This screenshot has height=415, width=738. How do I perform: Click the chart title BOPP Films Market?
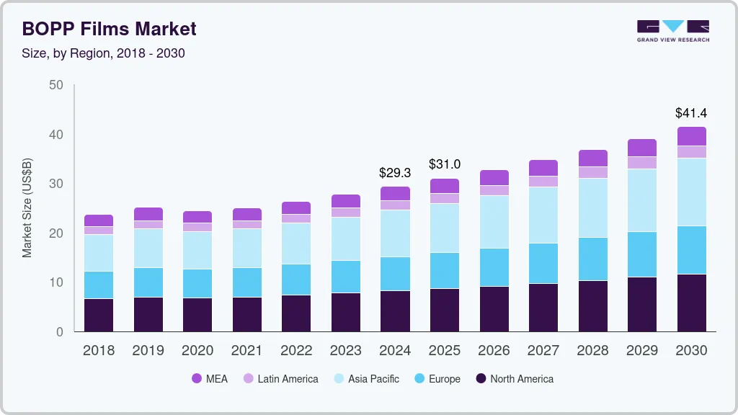pos(109,29)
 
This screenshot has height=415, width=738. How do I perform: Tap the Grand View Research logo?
pos(672,31)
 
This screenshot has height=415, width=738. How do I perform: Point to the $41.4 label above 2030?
pos(690,113)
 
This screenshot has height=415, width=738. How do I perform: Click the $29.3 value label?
pos(395,173)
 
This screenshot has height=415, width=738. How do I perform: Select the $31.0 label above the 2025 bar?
pos(444,165)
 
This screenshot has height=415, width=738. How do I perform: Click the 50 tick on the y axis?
pos(56,85)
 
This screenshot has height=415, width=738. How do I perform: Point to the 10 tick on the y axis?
pos(56,282)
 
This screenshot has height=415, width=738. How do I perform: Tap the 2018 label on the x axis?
pos(99,350)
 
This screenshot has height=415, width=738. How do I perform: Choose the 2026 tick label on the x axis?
pos(494,350)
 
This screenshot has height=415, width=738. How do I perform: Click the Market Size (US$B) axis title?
pos(27,208)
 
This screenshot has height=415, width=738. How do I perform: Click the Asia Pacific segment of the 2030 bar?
pos(691,192)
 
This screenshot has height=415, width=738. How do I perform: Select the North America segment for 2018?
pos(99,315)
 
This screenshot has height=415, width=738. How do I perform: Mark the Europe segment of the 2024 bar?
pos(395,274)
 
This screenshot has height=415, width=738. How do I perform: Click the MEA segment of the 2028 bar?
pos(592,158)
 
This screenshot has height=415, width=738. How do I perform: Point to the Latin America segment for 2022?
pos(296,218)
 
